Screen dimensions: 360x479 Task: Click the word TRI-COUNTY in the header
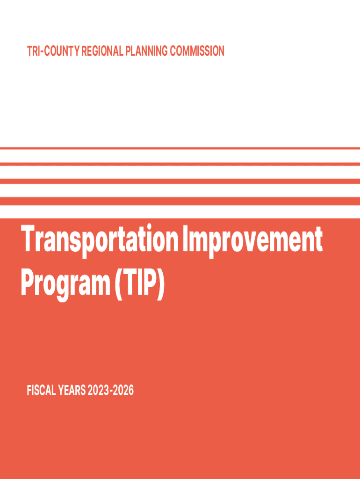(x=53, y=51)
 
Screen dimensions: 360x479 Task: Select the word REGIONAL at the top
(x=102, y=51)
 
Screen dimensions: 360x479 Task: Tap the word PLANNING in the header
(x=146, y=51)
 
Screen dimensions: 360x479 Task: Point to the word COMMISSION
(x=197, y=51)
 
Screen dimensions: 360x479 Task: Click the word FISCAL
(x=41, y=391)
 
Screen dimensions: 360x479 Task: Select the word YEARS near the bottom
(x=72, y=391)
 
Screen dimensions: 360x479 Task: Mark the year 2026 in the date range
(x=123, y=391)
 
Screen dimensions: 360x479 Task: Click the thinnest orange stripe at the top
(x=180, y=148)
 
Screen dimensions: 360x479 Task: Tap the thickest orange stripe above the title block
(x=180, y=201)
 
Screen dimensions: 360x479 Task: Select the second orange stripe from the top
(x=180, y=164)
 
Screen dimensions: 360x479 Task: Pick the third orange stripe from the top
(x=180, y=181)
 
